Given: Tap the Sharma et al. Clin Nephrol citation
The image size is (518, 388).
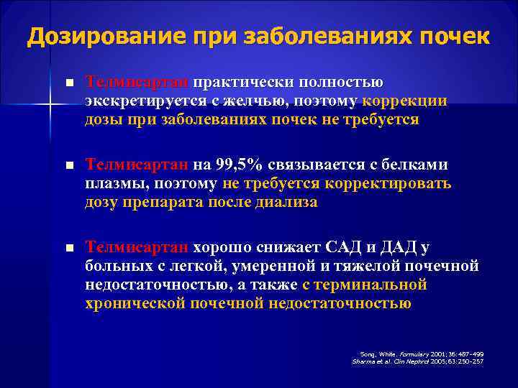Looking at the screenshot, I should (x=418, y=361).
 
